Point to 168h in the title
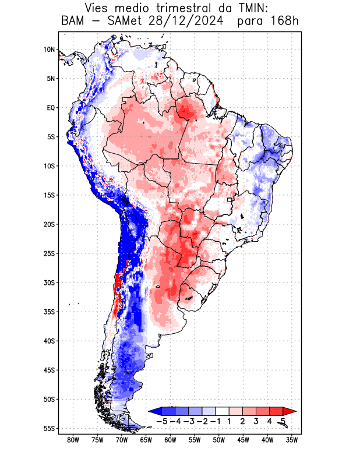(x=283, y=22)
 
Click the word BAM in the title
(x=74, y=22)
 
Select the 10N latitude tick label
(x=49, y=50)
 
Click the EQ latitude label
(x=50, y=108)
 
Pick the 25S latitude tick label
(x=49, y=253)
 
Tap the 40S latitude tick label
(x=49, y=341)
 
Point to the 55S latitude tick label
(x=49, y=428)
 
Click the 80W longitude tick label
(x=73, y=440)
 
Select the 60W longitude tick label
(x=171, y=440)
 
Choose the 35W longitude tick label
(x=292, y=440)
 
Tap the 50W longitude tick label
(x=219, y=440)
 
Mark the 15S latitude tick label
(x=49, y=195)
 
